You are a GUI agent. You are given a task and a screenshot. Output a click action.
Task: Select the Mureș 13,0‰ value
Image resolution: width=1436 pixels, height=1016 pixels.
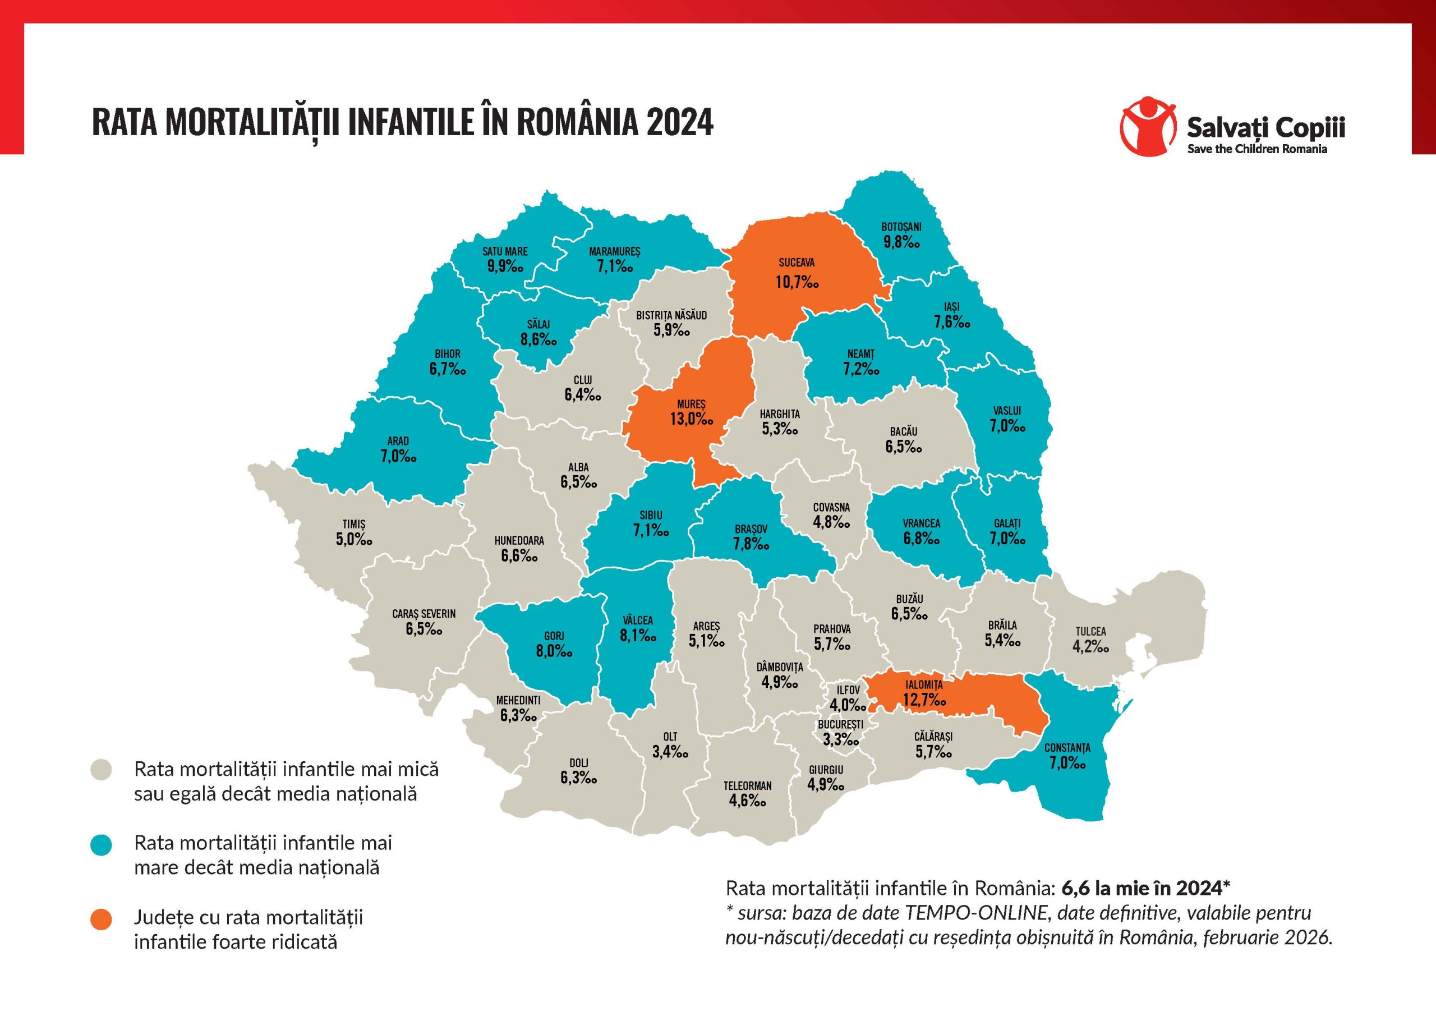[691, 419]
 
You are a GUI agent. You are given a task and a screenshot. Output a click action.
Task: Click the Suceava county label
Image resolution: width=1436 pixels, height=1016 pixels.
[796, 263]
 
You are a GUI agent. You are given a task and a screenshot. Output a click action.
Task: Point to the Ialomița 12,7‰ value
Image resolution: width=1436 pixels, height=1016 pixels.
[924, 700]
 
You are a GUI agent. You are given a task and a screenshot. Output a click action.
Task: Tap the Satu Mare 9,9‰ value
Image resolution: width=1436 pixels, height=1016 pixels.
[505, 266]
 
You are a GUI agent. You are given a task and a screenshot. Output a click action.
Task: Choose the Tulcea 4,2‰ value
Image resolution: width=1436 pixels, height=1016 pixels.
[1091, 647]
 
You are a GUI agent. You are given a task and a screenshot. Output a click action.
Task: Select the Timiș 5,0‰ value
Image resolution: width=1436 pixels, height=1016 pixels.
[354, 539]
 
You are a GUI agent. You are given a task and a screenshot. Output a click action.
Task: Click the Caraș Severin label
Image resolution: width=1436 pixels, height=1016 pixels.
[424, 614]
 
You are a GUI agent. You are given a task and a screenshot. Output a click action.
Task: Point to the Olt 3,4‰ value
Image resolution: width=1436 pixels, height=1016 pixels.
[670, 751]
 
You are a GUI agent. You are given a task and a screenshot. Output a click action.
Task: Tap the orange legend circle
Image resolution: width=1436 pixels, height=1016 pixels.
[101, 920]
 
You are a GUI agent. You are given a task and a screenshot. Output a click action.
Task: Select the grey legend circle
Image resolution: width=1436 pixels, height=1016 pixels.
[101, 770]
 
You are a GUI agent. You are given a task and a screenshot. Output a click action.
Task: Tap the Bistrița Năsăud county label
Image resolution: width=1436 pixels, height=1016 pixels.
[671, 315]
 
